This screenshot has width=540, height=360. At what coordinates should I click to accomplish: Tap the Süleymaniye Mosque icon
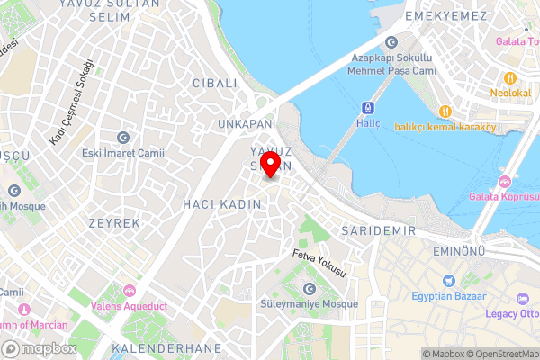coord(310,288)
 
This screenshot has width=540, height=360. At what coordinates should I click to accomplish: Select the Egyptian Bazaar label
coord(449,296)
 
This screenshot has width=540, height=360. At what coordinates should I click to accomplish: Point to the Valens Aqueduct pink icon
coord(129,290)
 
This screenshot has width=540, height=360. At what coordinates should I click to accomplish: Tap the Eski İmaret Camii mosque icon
coord(123,137)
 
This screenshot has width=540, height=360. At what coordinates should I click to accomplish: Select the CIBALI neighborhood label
coord(214,83)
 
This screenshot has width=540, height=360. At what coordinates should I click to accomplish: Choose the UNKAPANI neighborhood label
coord(244,122)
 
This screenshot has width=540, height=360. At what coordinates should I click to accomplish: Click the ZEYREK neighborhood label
coord(114,222)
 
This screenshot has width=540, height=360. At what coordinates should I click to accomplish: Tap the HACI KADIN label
coord(221,204)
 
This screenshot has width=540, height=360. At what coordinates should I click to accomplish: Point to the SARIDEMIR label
coord(378,231)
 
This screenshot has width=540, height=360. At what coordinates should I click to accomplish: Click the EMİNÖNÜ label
coord(459,250)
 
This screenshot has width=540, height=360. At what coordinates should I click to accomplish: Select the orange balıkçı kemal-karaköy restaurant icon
coord(445,111)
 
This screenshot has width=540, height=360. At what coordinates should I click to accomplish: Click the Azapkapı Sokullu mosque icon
coord(391,42)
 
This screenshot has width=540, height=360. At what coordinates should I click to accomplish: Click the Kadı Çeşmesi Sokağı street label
coord(72,102)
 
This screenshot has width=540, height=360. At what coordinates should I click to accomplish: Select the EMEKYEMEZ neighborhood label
coord(445,17)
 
